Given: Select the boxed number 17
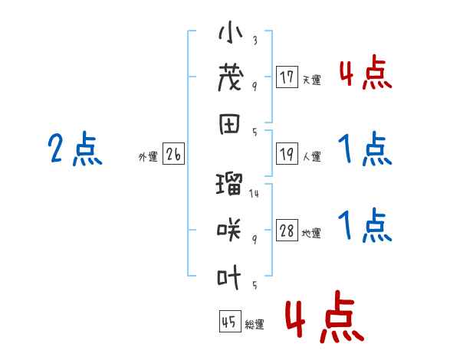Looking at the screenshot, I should click(x=287, y=77).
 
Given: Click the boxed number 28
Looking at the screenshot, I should click(x=287, y=231).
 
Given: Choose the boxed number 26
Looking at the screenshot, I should click(x=173, y=155).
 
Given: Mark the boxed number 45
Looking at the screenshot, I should click(x=228, y=322).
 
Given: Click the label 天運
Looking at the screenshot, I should click(x=311, y=80).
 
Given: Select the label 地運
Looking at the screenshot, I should click(x=311, y=234).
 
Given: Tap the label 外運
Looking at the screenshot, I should click(x=148, y=157).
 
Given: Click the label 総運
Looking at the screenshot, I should click(x=254, y=325).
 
